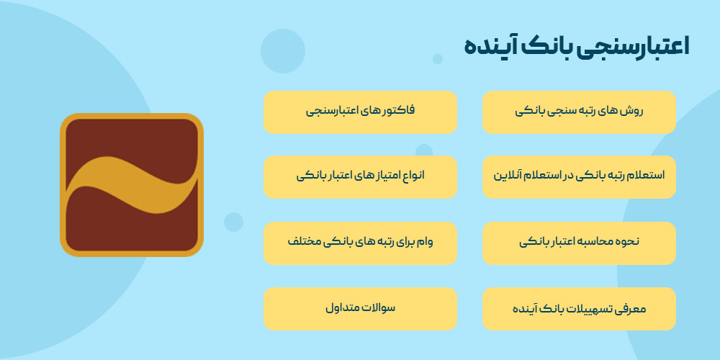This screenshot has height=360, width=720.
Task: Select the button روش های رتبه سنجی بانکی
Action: tap(579, 112)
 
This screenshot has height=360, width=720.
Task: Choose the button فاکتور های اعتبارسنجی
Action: tap(360, 112)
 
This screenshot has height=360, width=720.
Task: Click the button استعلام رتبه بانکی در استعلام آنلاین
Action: tap(579, 176)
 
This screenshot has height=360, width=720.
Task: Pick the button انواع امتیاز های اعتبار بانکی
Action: tap(360, 176)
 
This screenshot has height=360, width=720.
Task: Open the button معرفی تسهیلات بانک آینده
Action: tap(579, 309)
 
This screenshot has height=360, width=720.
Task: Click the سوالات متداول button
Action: tap(360, 309)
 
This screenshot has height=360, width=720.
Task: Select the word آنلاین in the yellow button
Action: tap(508, 176)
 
